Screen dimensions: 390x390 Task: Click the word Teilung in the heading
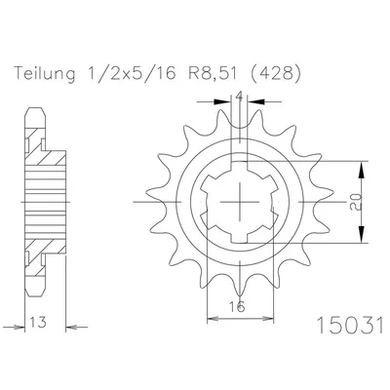45,74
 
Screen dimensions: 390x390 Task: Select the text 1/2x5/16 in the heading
132,74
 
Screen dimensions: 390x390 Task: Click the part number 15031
350,326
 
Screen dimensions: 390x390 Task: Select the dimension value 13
39,322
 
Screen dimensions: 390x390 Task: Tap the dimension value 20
356,202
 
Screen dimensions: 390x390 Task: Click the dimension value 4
239,97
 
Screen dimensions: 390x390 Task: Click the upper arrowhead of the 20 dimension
361,169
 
